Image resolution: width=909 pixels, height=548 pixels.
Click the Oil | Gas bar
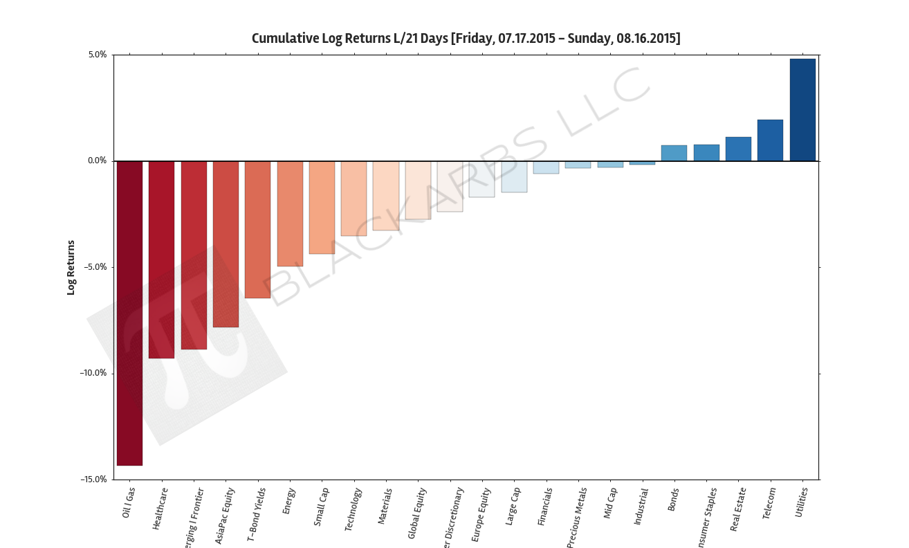129,313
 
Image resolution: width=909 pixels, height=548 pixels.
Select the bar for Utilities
802,110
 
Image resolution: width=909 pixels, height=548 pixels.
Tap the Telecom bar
770,140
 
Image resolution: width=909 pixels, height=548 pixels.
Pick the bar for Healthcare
161,259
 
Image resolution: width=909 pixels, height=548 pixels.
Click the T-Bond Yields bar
257,230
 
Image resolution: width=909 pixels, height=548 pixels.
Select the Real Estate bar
738,149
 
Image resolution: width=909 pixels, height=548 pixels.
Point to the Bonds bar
674,154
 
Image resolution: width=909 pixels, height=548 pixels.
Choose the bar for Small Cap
322,208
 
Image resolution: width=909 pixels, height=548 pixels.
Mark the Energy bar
290,214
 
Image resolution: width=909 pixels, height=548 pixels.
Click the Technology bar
353,199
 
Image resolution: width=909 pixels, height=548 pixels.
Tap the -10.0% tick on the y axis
93,374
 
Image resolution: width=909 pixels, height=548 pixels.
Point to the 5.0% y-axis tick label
97,55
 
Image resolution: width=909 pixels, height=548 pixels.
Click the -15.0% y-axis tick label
93,479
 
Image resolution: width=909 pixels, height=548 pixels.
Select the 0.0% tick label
97,161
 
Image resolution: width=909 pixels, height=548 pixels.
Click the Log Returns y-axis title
71,267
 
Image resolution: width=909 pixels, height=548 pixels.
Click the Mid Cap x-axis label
610,504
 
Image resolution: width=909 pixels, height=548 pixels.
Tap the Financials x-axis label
545,507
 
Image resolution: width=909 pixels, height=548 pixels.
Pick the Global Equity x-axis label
417,513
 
